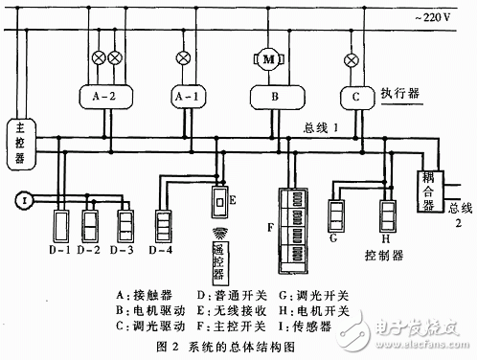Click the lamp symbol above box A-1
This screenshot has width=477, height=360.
(x=186, y=58)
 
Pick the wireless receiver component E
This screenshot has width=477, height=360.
(x=218, y=204)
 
